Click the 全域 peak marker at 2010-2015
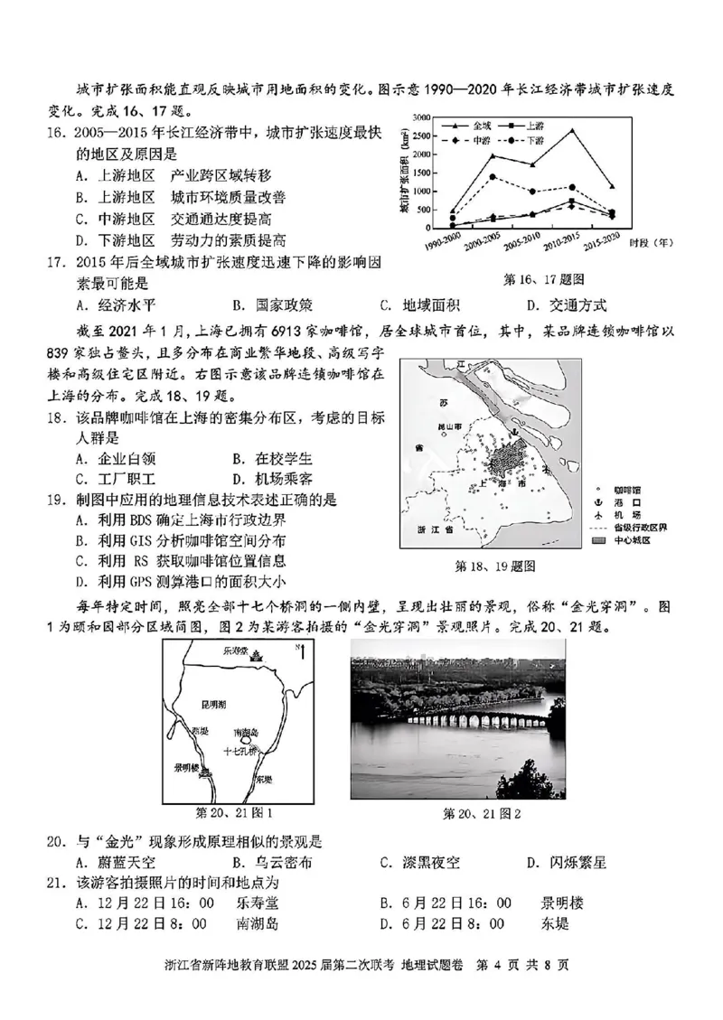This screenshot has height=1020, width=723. [x=571, y=130]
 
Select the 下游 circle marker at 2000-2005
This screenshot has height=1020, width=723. [x=493, y=177]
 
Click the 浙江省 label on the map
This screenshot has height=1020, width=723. [x=430, y=529]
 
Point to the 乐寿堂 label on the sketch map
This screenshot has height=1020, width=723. [x=258, y=650]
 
